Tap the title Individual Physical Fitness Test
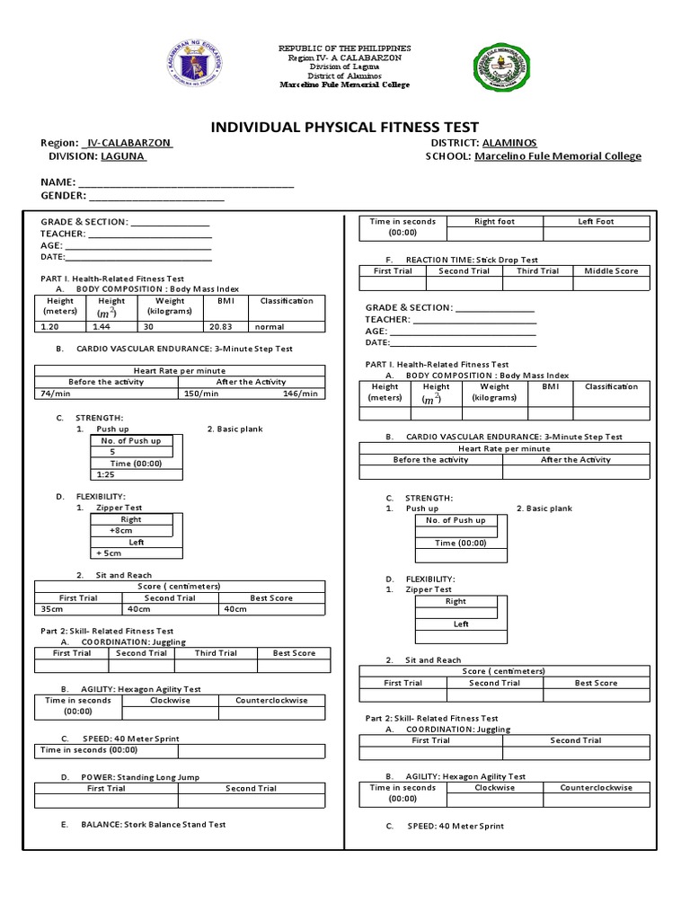(344, 127)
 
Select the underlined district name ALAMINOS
(509, 143)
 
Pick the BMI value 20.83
(219, 327)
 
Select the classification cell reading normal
(269, 327)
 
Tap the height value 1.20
(49, 327)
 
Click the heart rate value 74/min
(55, 394)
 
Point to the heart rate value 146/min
(300, 394)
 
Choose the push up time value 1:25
(105, 473)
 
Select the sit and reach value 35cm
(52, 609)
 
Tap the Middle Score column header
(611, 270)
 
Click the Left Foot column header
(596, 221)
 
